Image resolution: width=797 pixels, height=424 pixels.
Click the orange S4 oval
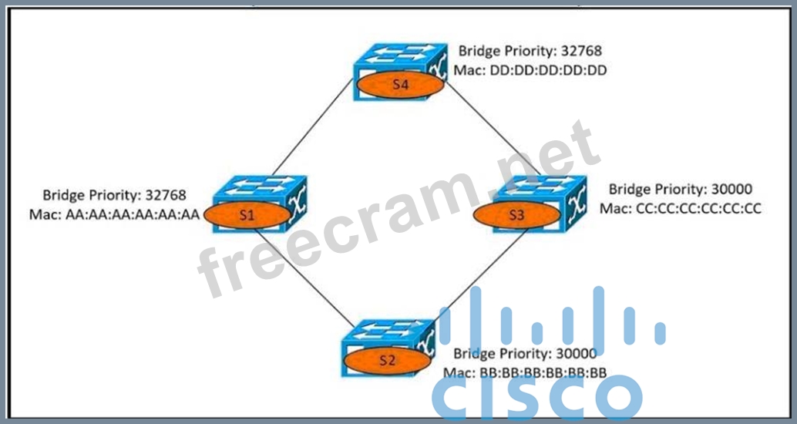(x=399, y=86)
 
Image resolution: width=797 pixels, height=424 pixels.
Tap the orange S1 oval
(x=246, y=216)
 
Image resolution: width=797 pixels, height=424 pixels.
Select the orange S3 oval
(x=516, y=216)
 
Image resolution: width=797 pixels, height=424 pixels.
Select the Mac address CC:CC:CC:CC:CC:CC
(x=698, y=208)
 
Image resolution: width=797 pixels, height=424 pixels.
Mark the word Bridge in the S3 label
(x=629, y=189)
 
